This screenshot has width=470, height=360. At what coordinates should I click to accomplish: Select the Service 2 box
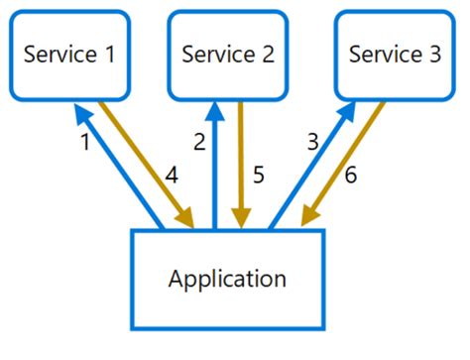tap(228, 54)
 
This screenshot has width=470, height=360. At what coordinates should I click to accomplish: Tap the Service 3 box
tap(395, 54)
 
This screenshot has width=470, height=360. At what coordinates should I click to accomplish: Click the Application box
tap(227, 279)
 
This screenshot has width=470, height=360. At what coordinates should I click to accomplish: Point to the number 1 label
tap(84, 143)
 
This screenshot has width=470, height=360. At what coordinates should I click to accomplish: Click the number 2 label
tap(199, 143)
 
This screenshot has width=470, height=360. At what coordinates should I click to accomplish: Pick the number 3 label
tap(312, 143)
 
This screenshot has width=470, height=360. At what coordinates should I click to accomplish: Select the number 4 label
tap(171, 177)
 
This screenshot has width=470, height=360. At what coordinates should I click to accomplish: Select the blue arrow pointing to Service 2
tap(215, 164)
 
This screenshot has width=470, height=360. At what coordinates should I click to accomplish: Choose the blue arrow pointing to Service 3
tap(307, 169)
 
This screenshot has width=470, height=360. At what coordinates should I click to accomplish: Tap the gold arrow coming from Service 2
tap(241, 164)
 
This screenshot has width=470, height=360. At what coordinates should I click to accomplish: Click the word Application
tap(227, 279)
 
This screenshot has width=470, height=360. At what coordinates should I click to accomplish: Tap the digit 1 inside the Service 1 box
tap(107, 55)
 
